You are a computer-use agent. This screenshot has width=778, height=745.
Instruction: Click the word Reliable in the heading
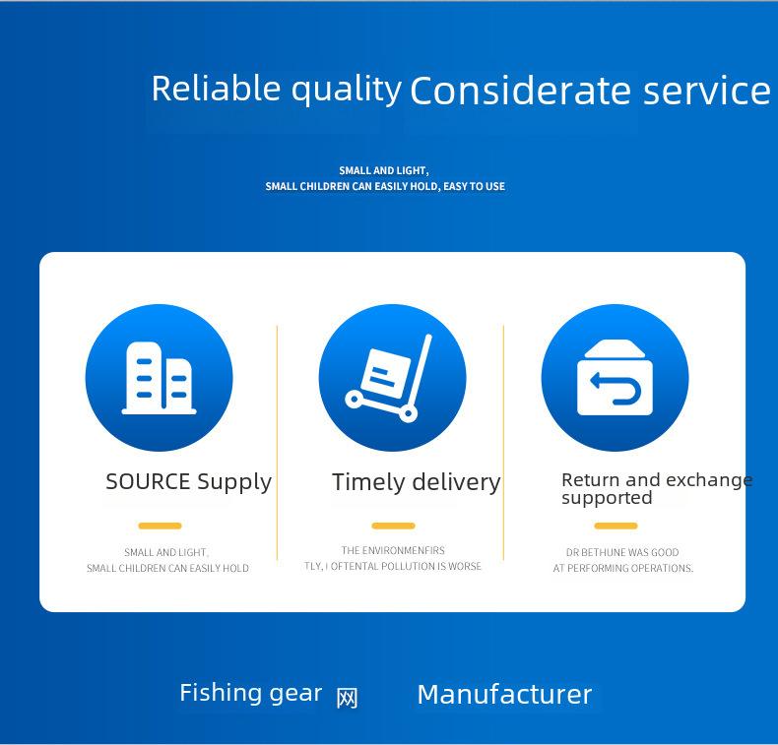point(216,89)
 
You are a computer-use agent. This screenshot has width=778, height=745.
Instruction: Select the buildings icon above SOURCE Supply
point(160,378)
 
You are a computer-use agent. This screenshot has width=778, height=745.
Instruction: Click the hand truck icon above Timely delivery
point(388,378)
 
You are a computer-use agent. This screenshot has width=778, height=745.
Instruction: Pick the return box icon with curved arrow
point(615,378)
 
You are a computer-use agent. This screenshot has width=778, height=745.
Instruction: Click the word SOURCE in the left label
point(148,482)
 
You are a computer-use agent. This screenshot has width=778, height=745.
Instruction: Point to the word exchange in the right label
point(709,480)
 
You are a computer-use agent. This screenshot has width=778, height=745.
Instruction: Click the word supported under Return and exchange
point(607,498)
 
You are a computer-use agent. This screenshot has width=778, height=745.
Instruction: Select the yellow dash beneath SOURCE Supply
point(160,526)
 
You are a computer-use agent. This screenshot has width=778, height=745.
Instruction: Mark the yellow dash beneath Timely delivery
point(394,526)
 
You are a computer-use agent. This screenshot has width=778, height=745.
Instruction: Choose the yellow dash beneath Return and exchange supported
point(616,526)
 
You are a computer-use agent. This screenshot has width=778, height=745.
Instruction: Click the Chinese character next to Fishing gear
point(347,699)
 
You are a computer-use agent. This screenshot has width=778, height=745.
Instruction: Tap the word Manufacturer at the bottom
point(504,695)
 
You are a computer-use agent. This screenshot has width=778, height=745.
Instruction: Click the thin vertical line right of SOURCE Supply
point(277,443)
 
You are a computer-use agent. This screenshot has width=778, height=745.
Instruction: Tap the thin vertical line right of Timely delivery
point(503,443)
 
